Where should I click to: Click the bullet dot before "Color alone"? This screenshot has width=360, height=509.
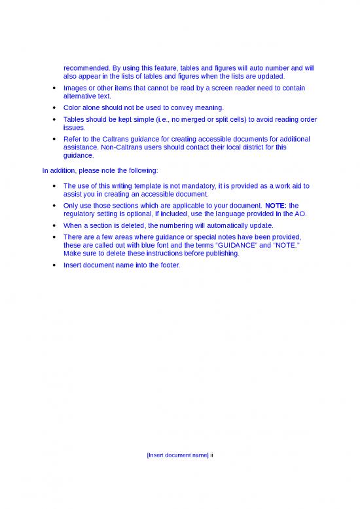click(x=52, y=107)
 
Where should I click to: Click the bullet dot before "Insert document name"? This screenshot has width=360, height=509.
click(x=52, y=265)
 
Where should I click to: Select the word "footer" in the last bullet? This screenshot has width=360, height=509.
click(x=166, y=265)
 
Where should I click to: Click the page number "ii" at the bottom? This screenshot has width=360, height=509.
click(x=211, y=456)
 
